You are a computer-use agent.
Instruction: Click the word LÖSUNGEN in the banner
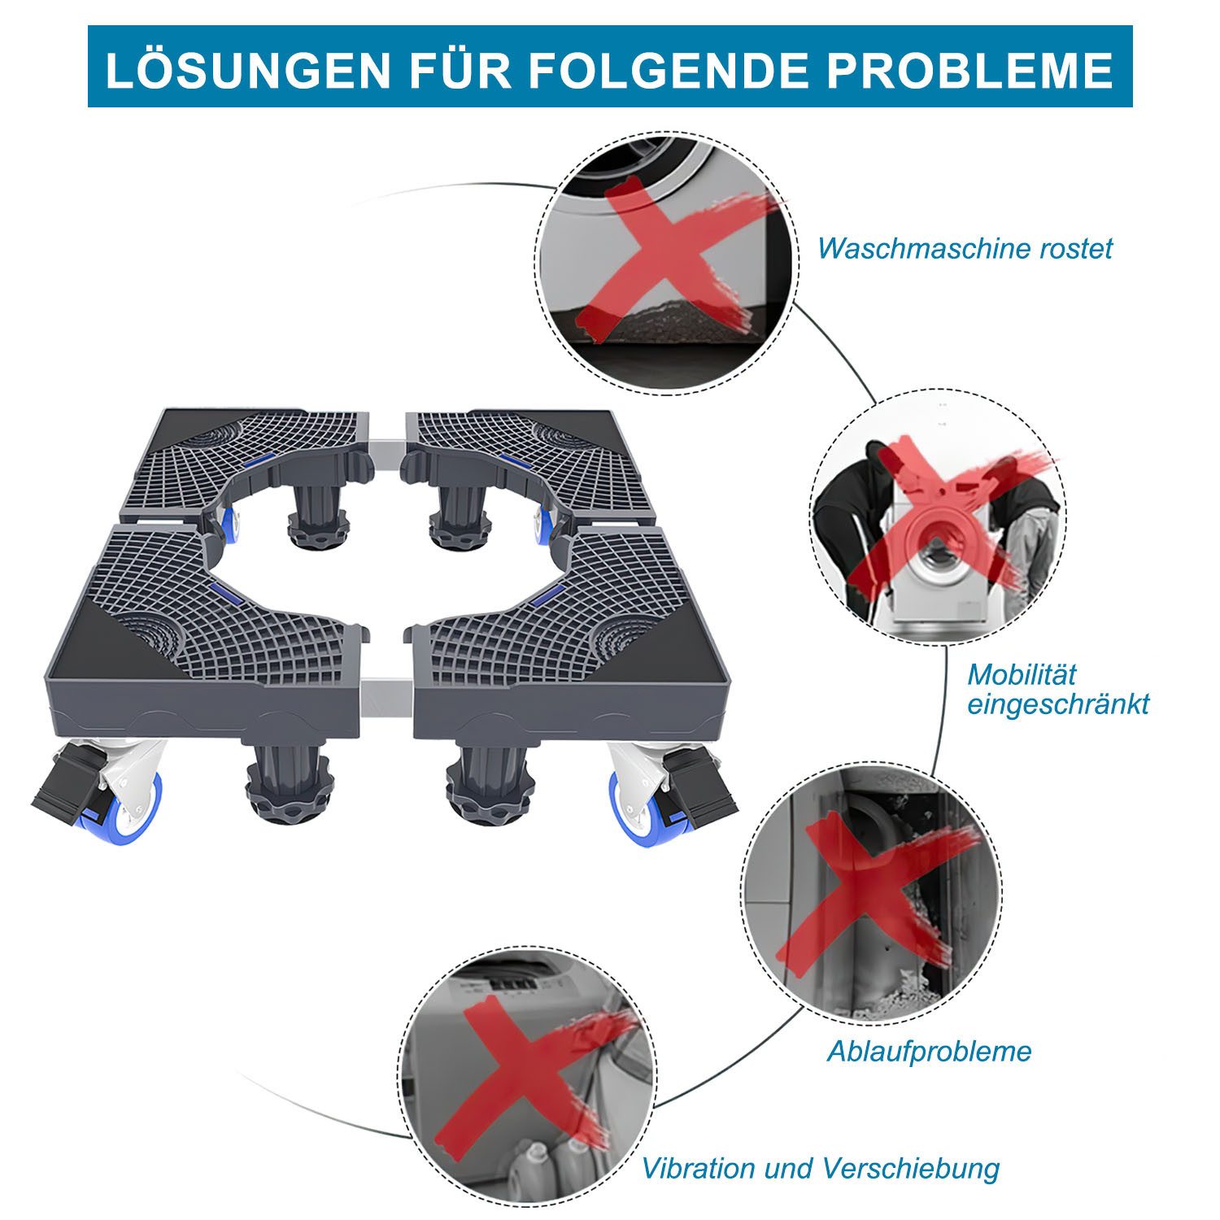tap(248, 68)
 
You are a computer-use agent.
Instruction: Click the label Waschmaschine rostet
tap(965, 248)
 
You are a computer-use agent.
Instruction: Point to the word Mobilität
tap(1022, 674)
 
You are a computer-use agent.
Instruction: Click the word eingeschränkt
tap(1057, 704)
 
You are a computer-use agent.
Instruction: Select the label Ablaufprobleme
tap(929, 1052)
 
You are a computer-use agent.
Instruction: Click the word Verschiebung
tap(911, 1169)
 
